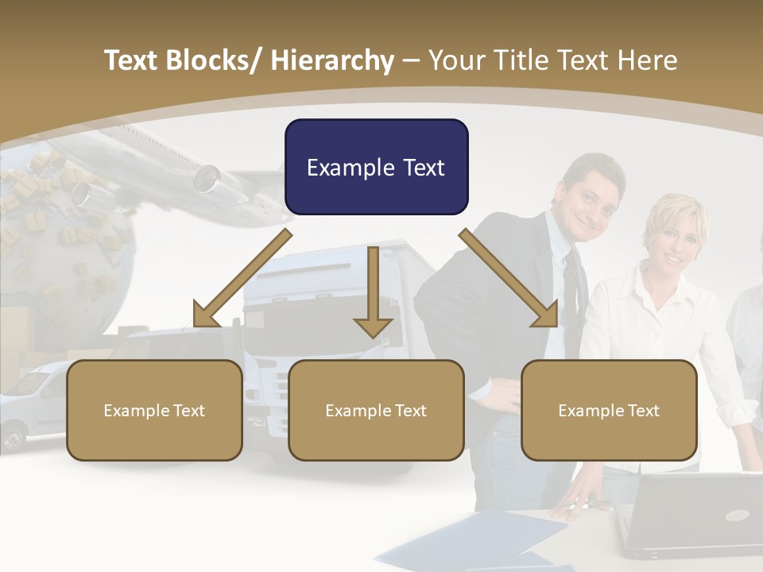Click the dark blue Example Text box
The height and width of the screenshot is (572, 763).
[376, 168]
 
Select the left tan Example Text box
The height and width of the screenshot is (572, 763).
[154, 410]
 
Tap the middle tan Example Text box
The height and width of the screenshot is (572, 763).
[376, 410]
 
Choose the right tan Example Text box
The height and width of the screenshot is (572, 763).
[609, 410]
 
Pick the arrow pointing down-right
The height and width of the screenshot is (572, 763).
[509, 278]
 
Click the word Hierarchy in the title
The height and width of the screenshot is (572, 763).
[331, 60]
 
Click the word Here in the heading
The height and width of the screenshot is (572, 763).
[649, 60]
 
